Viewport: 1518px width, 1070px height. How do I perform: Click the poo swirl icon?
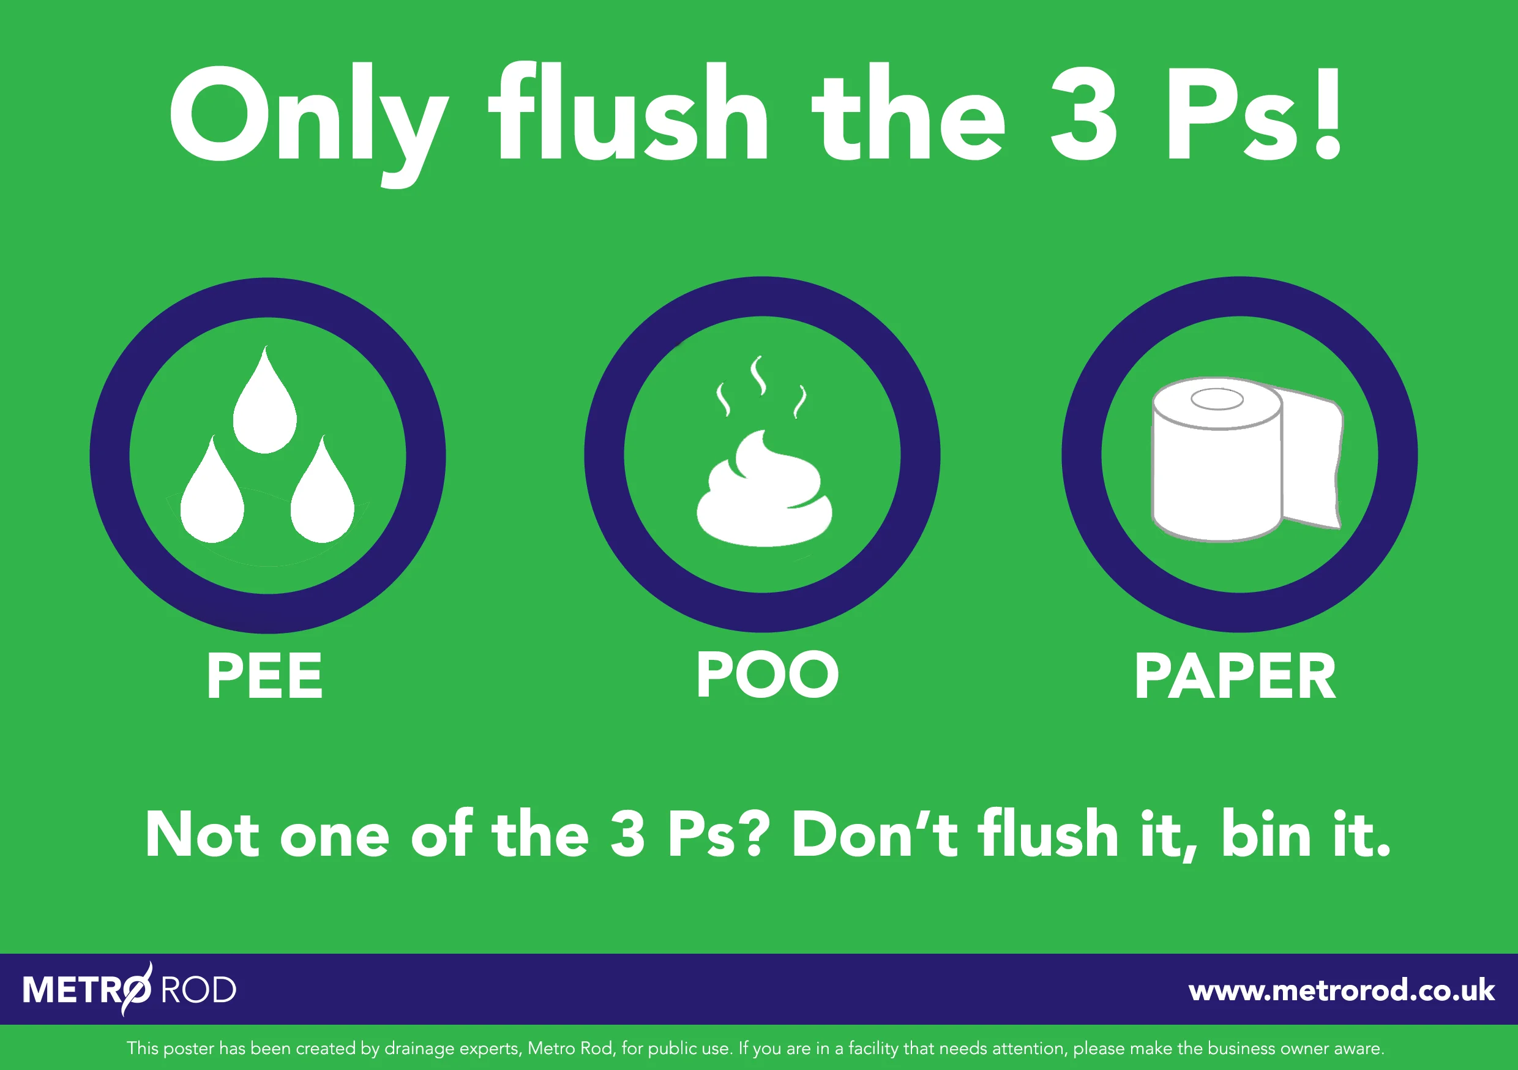point(765,493)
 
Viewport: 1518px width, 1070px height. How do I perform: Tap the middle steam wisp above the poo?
point(758,375)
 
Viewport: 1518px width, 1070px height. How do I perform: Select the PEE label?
point(264,676)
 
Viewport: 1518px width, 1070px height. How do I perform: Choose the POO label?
point(767,675)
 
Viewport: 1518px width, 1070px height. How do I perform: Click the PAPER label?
point(1235,676)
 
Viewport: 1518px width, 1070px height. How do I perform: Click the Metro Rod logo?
point(130,989)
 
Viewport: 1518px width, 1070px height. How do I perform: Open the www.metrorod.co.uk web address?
point(1341,990)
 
